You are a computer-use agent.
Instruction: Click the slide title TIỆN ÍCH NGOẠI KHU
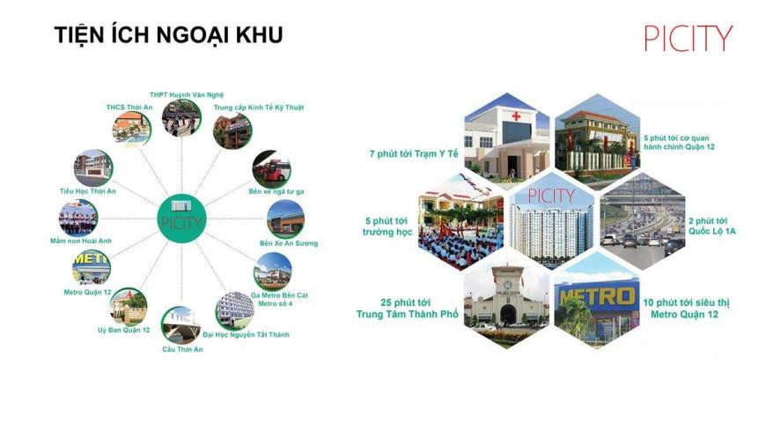pyautogui.click(x=168, y=34)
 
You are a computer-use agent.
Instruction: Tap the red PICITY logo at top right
pyautogui.click(x=688, y=38)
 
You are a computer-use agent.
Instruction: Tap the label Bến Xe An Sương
pyautogui.click(x=288, y=243)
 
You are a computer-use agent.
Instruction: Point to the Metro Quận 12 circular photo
pyautogui.click(x=91, y=267)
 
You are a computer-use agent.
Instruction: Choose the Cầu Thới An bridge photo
pyautogui.click(x=180, y=325)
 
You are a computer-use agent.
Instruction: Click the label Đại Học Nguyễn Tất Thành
pyautogui.click(x=246, y=335)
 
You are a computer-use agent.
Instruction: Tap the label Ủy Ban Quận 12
pyautogui.click(x=123, y=330)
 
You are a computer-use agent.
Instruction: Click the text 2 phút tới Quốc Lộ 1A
pyautogui.click(x=712, y=226)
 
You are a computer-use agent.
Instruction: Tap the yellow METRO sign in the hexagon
pyautogui.click(x=599, y=295)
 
